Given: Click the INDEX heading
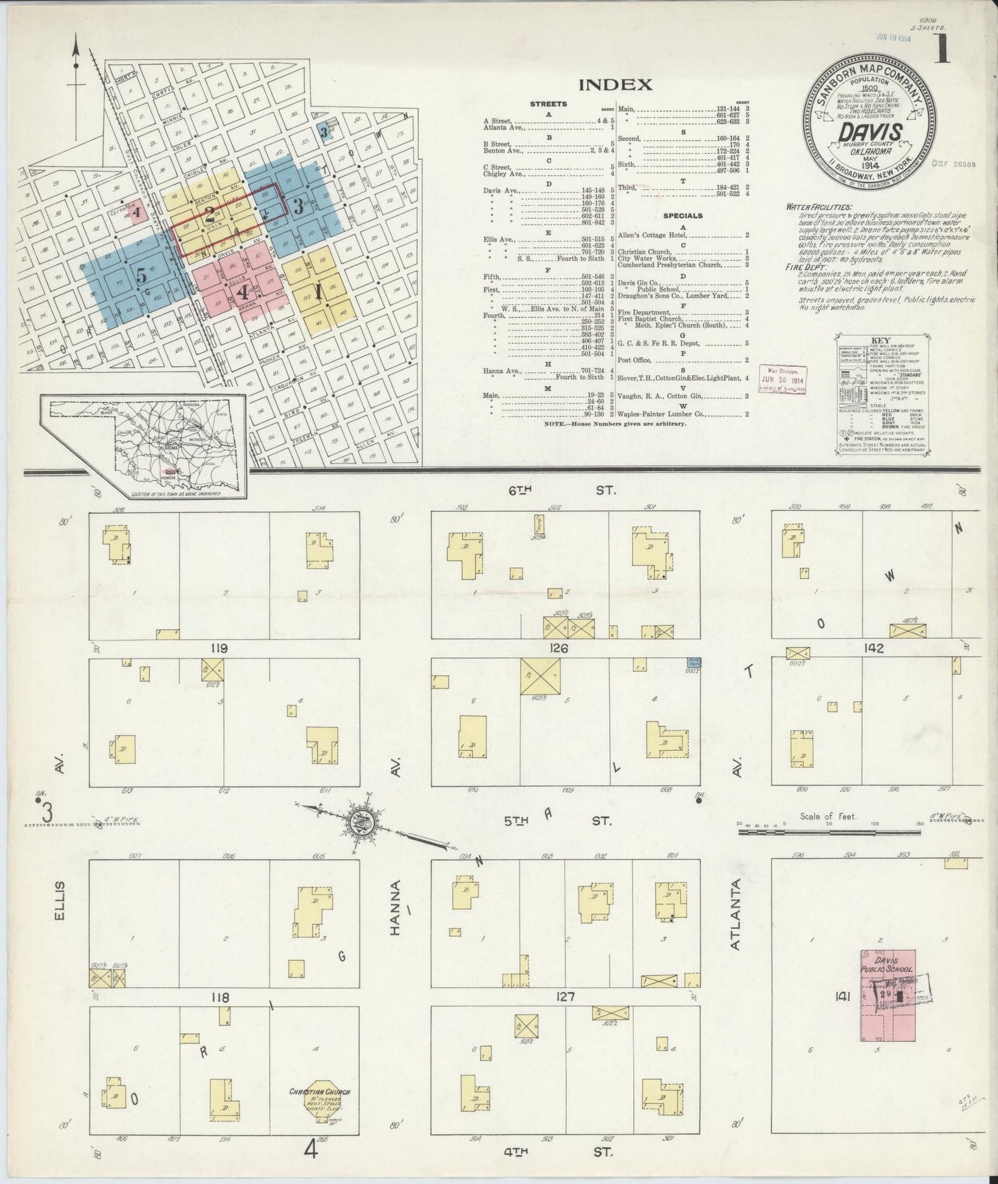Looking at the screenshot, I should click(615, 85).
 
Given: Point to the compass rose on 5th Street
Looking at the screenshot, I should click(365, 820).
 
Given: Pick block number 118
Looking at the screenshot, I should click(220, 997).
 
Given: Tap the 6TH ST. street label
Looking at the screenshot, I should click(559, 490).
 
